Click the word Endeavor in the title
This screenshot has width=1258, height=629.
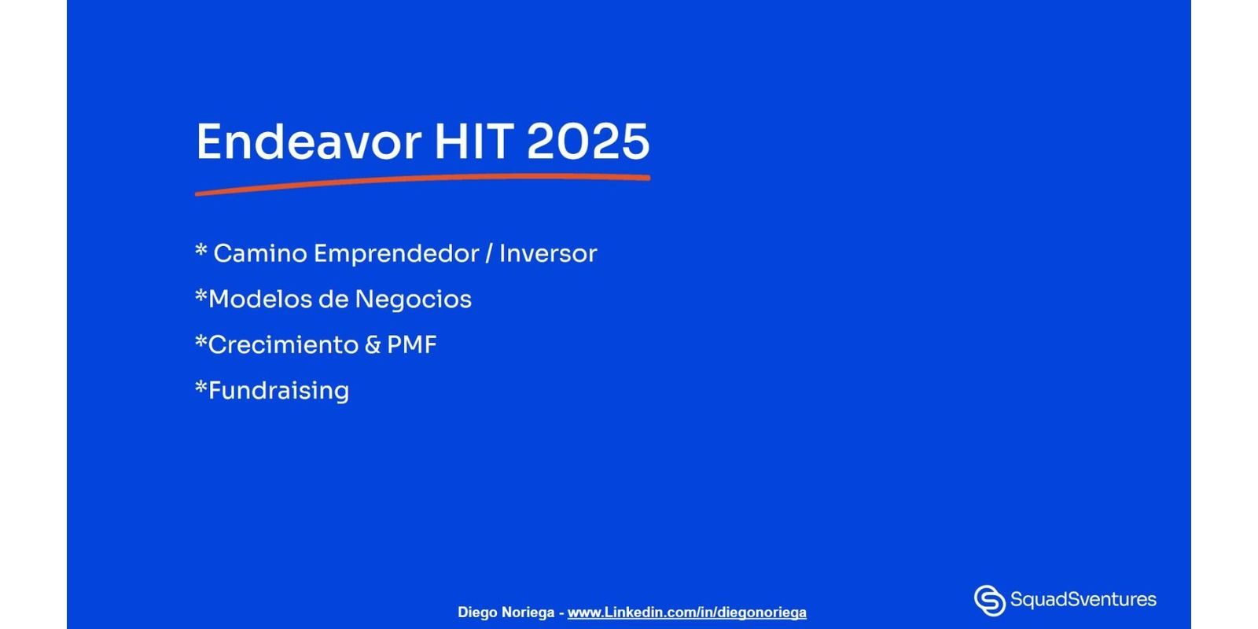click(309, 142)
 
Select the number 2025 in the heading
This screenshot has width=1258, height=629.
click(588, 142)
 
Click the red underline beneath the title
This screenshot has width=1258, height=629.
click(422, 184)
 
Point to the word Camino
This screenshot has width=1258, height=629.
click(260, 253)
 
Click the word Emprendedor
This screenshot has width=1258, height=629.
click(396, 255)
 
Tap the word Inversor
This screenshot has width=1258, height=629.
click(548, 253)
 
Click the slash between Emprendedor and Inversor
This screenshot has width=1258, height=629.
click(489, 254)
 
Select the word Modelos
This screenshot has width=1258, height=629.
click(260, 299)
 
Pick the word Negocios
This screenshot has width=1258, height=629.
click(414, 300)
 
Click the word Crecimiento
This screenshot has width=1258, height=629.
click(283, 345)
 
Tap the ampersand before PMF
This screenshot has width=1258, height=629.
click(373, 345)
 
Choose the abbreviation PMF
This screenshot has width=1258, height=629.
click(412, 345)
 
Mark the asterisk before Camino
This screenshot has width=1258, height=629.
click(201, 249)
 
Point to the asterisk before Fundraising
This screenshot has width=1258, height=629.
click(201, 386)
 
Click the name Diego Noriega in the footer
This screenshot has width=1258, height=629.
click(506, 612)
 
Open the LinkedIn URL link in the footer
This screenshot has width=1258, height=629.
click(687, 612)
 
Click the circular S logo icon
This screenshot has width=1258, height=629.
click(990, 601)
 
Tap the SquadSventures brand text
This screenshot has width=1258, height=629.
click(1083, 600)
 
